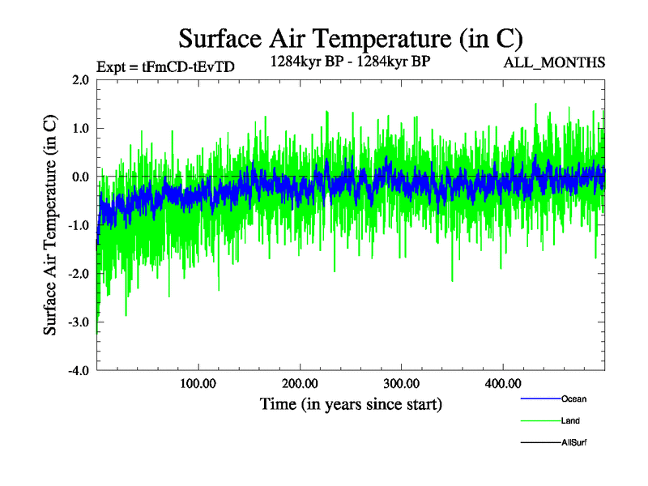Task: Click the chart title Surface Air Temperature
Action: pyautogui.click(x=351, y=38)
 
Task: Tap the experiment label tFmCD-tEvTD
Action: pyautogui.click(x=165, y=67)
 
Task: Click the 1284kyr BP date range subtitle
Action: pyautogui.click(x=350, y=61)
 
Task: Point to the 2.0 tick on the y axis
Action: pyautogui.click(x=80, y=80)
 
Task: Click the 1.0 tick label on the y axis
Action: pyautogui.click(x=80, y=128)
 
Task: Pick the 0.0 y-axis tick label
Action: pyautogui.click(x=80, y=177)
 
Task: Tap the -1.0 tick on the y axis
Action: pyautogui.click(x=78, y=225)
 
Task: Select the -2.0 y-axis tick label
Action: pyautogui.click(x=78, y=274)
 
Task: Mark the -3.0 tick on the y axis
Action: pyautogui.click(x=78, y=322)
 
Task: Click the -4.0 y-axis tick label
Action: pyautogui.click(x=78, y=371)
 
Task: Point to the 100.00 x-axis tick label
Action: pyautogui.click(x=198, y=383)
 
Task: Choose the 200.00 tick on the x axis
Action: pyautogui.click(x=300, y=383)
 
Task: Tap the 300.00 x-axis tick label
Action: pyautogui.click(x=401, y=383)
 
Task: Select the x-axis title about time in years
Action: pyautogui.click(x=351, y=403)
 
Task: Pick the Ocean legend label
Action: pyautogui.click(x=573, y=399)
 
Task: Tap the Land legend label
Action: pyautogui.click(x=570, y=420)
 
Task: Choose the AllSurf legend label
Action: pyautogui.click(x=573, y=442)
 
